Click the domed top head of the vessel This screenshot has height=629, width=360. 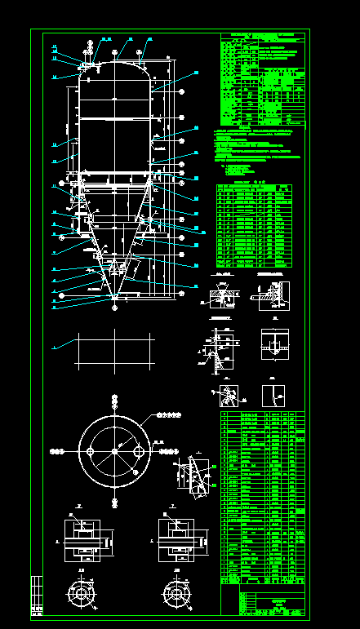tap(114, 69)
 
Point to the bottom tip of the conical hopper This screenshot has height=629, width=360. tap(113, 299)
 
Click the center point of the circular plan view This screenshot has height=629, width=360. tap(114, 450)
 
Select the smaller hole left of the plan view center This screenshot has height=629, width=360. tap(92, 450)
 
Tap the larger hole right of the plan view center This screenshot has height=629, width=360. tap(137, 450)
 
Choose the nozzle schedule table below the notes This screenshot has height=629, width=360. tap(254, 225)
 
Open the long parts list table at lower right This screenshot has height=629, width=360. tap(262, 498)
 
